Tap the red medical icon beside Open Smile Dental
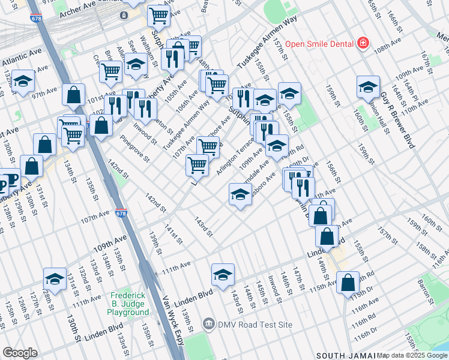363,43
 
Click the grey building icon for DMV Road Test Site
208,325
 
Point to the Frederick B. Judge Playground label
129,304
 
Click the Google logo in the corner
20,353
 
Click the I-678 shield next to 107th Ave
121,213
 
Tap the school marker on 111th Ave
223,274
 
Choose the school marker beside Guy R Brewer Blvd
368,87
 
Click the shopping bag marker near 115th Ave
348,282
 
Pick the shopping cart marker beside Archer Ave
158,15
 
